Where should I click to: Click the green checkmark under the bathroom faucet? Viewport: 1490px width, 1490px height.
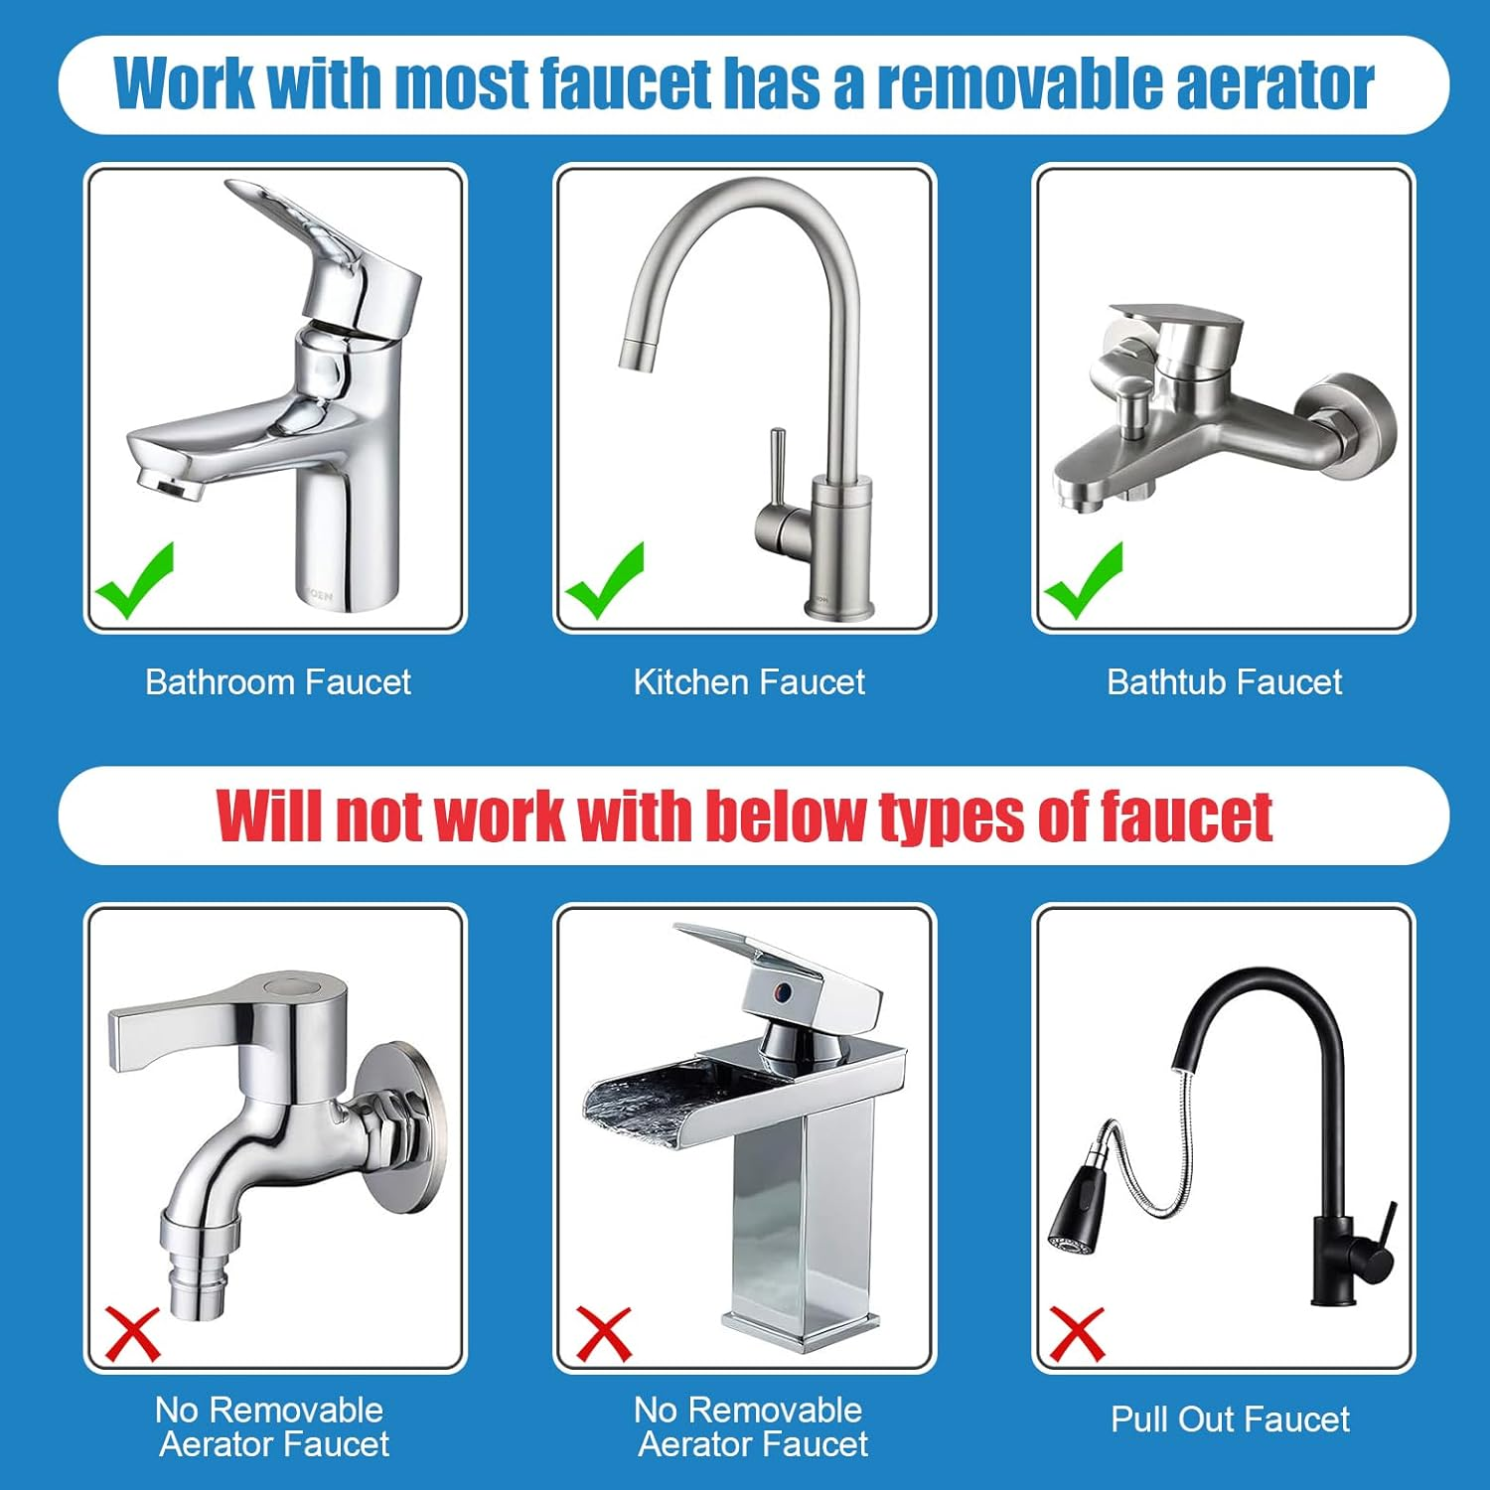click(134, 583)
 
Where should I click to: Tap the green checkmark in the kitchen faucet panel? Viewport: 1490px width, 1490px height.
click(604, 583)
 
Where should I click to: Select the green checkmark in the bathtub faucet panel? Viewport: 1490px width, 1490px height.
click(1083, 583)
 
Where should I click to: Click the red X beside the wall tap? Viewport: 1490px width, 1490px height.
click(133, 1334)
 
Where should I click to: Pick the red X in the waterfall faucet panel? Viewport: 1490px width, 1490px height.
click(604, 1334)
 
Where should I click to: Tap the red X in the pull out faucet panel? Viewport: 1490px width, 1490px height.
click(1077, 1334)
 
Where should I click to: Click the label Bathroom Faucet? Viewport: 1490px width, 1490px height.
click(277, 682)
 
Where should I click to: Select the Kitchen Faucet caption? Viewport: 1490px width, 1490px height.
click(749, 682)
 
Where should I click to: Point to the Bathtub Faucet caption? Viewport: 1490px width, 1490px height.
click(1224, 682)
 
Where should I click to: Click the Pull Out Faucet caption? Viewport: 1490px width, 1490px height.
click(1230, 1419)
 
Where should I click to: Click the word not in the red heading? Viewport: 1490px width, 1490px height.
click(380, 817)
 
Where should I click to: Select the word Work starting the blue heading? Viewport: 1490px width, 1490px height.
click(184, 84)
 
